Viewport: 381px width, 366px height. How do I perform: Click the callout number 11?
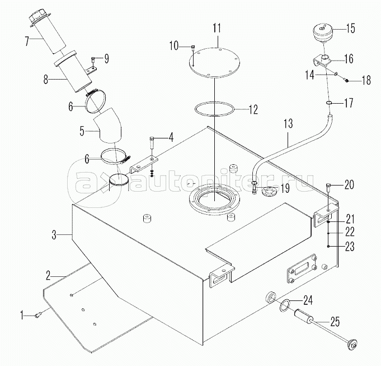tap(217, 28)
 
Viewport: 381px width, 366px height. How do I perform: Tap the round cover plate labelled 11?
tap(215, 63)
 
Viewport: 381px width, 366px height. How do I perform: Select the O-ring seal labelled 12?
tap(215, 109)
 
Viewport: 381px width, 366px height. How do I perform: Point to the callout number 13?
tap(288, 123)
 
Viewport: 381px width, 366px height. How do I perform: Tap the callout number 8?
tap(46, 80)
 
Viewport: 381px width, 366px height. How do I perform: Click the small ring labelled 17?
tap(328, 104)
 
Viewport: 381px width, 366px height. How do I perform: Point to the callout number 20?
tap(349, 184)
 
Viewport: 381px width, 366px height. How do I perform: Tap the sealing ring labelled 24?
tap(286, 305)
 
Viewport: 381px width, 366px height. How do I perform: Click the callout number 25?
tap(335, 322)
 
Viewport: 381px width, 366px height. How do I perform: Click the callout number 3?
tap(54, 235)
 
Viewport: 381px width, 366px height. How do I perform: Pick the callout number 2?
tap(48, 275)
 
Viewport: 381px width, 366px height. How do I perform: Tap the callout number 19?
tap(285, 188)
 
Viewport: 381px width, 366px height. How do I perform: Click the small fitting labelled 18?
tap(346, 79)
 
